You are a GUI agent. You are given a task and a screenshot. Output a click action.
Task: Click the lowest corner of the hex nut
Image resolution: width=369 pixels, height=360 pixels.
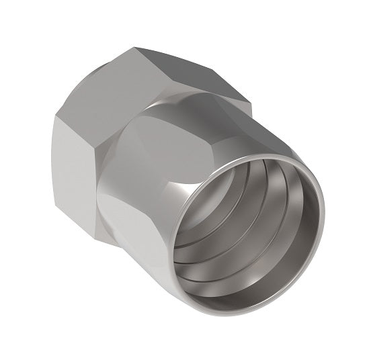(x=98, y=222)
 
